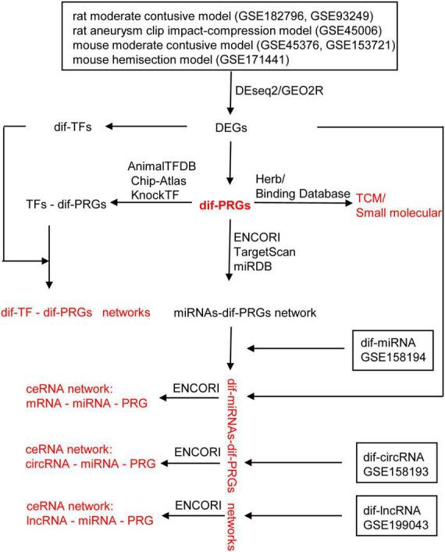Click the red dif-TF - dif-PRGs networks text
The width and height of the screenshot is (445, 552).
(77, 312)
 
